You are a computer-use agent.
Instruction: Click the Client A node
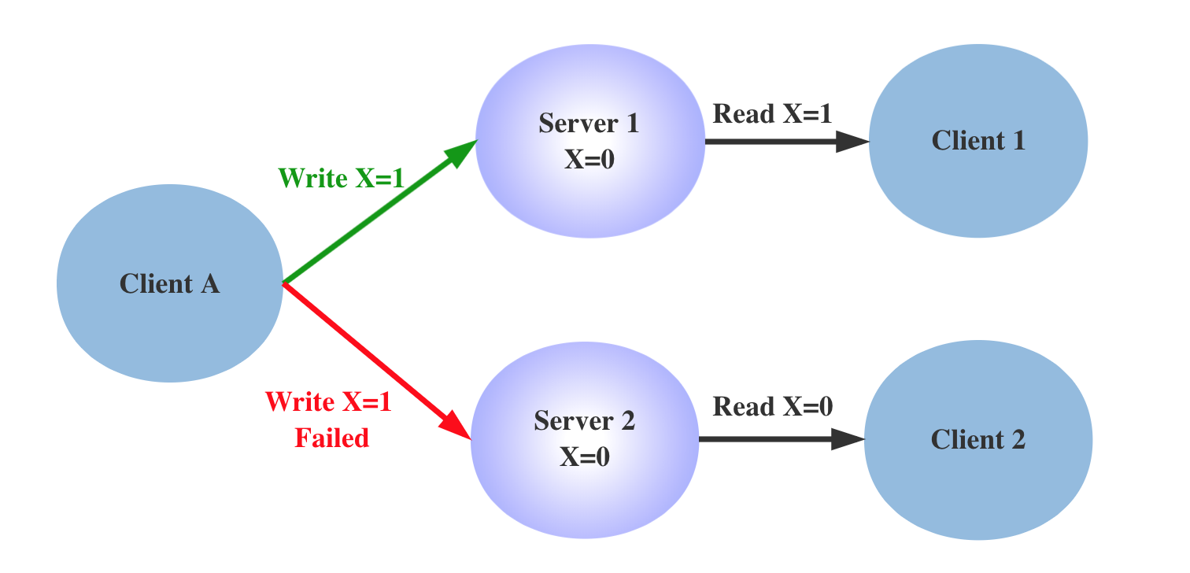click(169, 283)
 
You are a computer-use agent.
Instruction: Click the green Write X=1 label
click(341, 179)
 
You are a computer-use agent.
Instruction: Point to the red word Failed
click(331, 438)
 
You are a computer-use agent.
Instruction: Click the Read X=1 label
click(772, 114)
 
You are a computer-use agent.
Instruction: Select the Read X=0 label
click(772, 407)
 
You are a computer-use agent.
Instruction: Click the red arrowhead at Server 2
click(459, 429)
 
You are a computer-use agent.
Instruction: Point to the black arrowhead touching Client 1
click(852, 142)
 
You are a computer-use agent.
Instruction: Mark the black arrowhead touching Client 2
click(848, 439)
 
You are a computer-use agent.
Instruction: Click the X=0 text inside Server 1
click(589, 159)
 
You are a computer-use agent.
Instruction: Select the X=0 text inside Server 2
click(584, 457)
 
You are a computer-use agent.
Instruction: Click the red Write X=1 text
click(328, 403)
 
